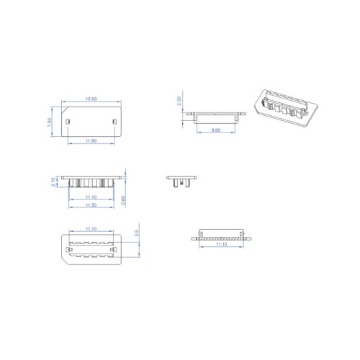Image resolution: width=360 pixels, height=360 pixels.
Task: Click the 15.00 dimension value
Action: click(x=91, y=98)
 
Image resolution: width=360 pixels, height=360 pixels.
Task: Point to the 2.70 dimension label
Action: click(x=54, y=182)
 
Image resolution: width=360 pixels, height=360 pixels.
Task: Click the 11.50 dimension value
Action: click(x=91, y=207)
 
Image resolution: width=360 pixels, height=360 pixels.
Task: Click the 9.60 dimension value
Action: click(x=216, y=130)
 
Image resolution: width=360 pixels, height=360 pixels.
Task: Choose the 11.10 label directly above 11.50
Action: click(x=91, y=197)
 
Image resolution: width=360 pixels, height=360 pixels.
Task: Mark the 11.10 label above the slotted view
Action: click(x=91, y=228)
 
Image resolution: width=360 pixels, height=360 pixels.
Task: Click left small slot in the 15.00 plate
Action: click(x=68, y=121)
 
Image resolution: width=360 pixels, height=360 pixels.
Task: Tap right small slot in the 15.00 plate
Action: click(x=114, y=121)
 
